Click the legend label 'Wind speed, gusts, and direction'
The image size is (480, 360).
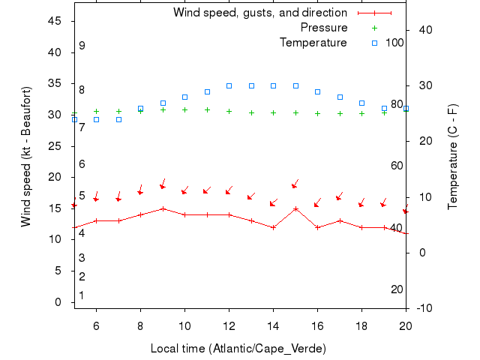(259, 13)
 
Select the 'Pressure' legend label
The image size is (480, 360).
(323, 28)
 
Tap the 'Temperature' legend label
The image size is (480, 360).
(313, 43)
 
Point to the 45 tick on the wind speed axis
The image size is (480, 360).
(54, 21)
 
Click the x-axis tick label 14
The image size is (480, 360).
(273, 325)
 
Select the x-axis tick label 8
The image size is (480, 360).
(140, 325)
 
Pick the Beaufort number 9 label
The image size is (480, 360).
(82, 46)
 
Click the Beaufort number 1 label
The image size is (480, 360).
(82, 295)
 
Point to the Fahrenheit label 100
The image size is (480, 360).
(394, 43)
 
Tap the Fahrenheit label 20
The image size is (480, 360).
(397, 289)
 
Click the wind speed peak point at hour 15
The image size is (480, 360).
(295, 208)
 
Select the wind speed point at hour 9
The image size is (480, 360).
(163, 208)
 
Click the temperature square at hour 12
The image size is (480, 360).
(229, 85)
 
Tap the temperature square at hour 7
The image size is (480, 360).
(118, 119)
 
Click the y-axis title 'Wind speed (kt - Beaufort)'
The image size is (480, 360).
(26, 156)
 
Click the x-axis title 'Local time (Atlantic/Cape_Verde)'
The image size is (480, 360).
(238, 349)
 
